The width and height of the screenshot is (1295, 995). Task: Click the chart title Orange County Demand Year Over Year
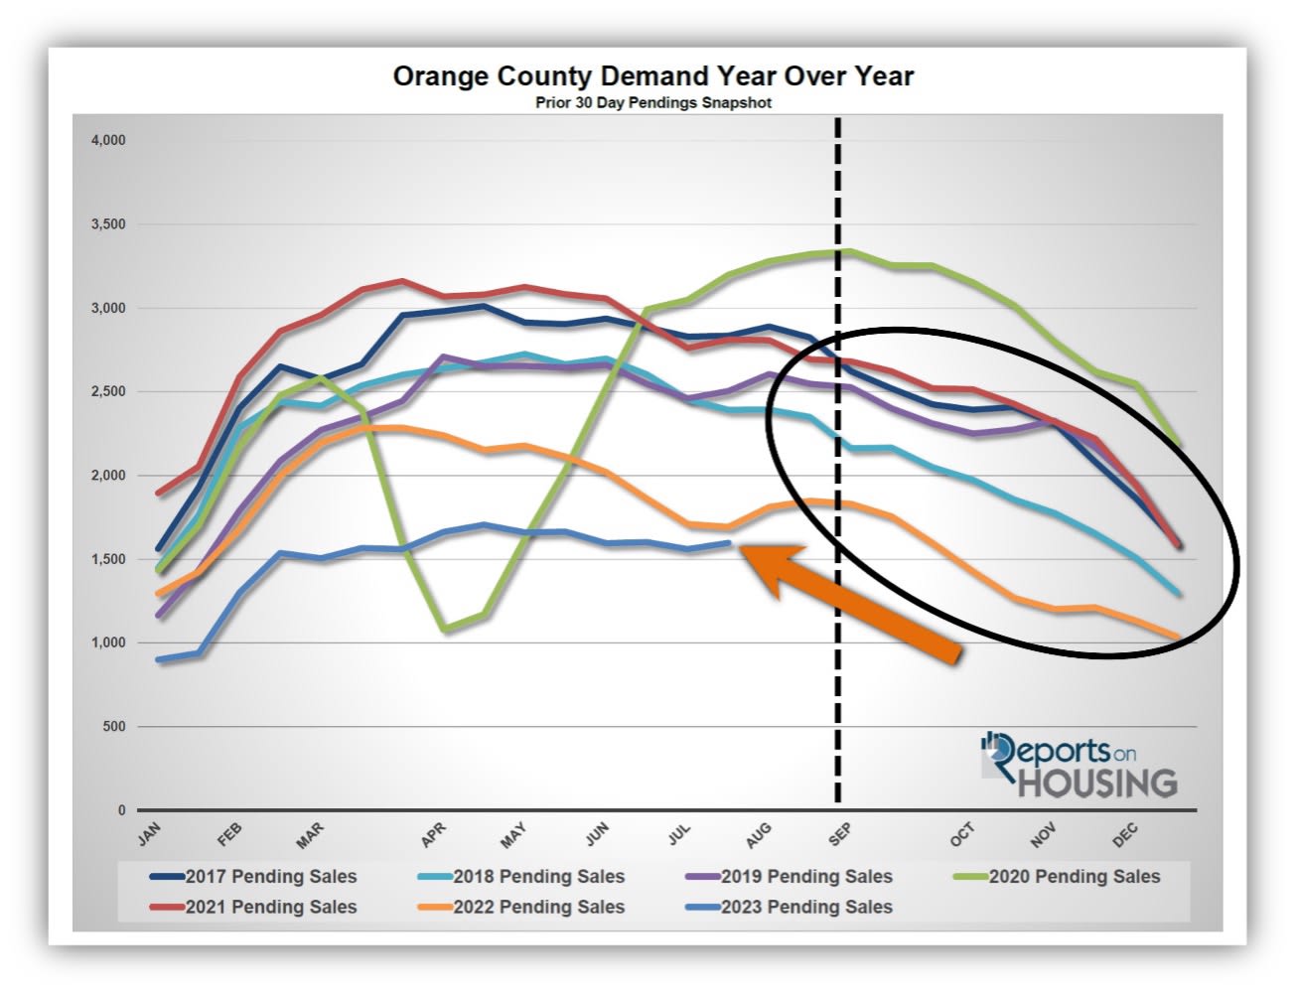[x=652, y=76]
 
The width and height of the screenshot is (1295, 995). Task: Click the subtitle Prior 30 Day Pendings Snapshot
[x=652, y=102]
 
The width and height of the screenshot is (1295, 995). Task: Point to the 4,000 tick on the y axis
[x=108, y=141]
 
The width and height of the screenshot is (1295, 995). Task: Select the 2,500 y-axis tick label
[x=108, y=392]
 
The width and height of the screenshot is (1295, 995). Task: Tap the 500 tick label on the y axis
[x=114, y=727]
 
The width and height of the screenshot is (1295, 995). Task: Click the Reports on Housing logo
[x=1078, y=766]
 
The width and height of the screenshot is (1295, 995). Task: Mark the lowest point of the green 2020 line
[x=445, y=629]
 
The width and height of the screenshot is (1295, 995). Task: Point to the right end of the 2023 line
[x=729, y=542]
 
